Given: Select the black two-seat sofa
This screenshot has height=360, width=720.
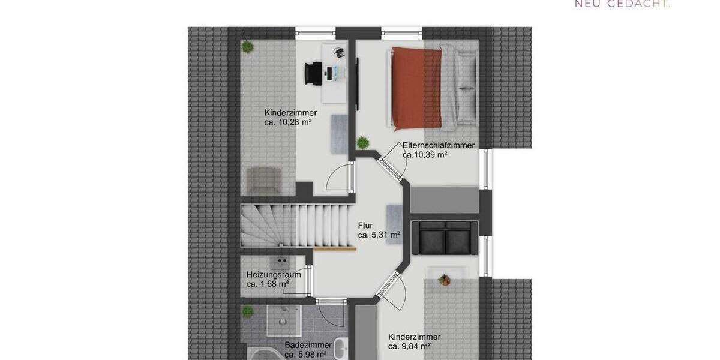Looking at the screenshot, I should (x=445, y=237).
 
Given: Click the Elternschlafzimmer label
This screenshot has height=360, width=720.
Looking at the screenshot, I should (x=439, y=145).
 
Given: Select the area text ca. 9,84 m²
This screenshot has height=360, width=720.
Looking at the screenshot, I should (x=414, y=346).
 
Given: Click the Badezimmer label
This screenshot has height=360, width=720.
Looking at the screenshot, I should (x=308, y=345).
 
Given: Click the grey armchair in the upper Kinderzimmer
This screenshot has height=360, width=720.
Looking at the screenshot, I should (x=265, y=179).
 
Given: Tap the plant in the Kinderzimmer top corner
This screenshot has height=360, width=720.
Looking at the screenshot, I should (x=247, y=47).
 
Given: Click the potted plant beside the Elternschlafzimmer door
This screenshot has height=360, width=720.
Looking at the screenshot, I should (x=362, y=143).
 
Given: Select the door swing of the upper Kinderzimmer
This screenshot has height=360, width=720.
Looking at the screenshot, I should (x=337, y=178).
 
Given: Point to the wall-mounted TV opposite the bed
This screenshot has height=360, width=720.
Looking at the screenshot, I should (x=358, y=80).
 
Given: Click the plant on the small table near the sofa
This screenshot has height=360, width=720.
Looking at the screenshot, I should (x=445, y=279).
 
